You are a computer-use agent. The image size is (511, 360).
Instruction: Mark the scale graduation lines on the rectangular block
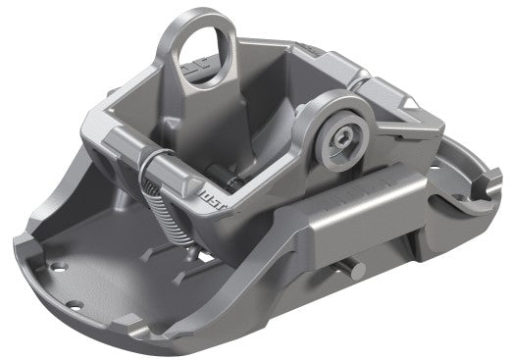(377, 185)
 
